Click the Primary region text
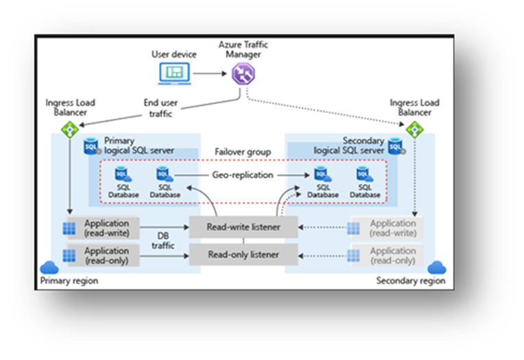(69, 280)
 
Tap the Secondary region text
(411, 280)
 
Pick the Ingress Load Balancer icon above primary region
(69, 128)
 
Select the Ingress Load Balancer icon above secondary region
(414, 128)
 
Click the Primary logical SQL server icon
(91, 146)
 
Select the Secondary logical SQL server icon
(395, 146)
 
